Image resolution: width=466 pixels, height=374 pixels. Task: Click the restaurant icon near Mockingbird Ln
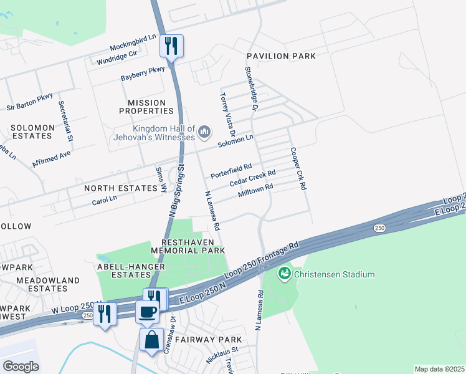point(171,46)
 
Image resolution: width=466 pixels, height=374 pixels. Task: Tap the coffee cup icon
point(147,311)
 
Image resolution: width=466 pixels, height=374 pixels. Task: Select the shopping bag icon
point(152,340)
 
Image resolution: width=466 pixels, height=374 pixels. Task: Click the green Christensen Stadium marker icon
point(284,274)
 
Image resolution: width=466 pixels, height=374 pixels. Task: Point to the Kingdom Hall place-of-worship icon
point(204,132)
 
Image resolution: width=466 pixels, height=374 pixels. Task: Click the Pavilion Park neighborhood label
point(280,56)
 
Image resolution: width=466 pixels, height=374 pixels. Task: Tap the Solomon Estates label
point(31,132)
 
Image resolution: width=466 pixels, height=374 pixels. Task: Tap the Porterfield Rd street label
point(231,170)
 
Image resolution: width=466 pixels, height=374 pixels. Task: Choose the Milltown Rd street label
point(255,191)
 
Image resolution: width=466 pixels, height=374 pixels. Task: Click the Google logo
point(21,366)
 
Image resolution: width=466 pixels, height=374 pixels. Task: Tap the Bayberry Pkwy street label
point(143,74)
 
